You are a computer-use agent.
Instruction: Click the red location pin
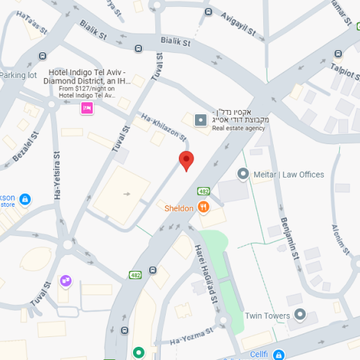coord(186,160)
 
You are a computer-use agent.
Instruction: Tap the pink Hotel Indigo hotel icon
coord(87,108)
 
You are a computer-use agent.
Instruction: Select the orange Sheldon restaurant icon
coord(203,207)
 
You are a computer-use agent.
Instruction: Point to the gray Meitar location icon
coord(243,173)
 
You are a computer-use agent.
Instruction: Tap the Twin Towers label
coord(267,315)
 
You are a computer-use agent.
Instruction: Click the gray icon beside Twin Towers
coord(300,315)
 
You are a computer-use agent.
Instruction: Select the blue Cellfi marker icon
coord(279,354)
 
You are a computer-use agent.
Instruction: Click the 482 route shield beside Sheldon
coord(203,191)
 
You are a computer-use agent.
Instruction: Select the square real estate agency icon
coord(201,120)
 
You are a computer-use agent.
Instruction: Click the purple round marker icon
coord(65,280)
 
